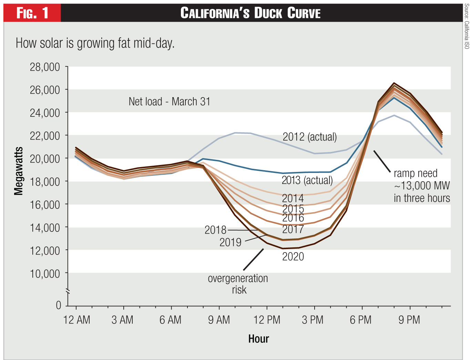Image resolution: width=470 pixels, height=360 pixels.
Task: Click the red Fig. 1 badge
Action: click(32, 13)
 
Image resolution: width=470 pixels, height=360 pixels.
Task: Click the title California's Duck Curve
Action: click(251, 13)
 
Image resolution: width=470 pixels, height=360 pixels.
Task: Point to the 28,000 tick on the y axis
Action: click(45, 67)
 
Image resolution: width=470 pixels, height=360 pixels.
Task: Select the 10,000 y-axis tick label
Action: click(45, 274)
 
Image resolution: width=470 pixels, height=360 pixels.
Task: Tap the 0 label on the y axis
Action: click(58, 305)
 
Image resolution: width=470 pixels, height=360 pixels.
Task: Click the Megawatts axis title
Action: click(18, 171)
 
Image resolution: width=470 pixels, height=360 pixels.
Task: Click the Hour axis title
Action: click(258, 339)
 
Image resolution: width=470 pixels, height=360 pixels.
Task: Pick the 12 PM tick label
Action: click(267, 320)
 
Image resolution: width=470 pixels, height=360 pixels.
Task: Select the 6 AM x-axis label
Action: click(170, 320)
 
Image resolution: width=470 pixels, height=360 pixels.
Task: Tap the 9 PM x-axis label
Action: click(409, 320)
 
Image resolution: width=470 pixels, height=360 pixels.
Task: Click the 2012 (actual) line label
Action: click(309, 137)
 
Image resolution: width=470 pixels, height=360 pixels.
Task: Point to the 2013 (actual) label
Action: click(307, 180)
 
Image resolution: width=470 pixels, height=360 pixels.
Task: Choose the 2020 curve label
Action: click(293, 257)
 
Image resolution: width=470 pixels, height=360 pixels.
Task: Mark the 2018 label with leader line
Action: click(215, 230)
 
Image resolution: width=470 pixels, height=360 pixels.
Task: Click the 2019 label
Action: click(230, 242)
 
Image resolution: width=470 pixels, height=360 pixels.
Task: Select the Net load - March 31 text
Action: click(169, 102)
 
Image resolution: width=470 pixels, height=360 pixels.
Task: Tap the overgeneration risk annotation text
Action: click(238, 284)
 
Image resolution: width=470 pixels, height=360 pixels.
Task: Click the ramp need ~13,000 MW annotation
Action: click(422, 186)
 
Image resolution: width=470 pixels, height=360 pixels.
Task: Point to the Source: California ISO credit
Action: click(467, 26)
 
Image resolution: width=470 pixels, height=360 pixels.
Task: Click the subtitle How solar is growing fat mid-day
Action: click(95, 43)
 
